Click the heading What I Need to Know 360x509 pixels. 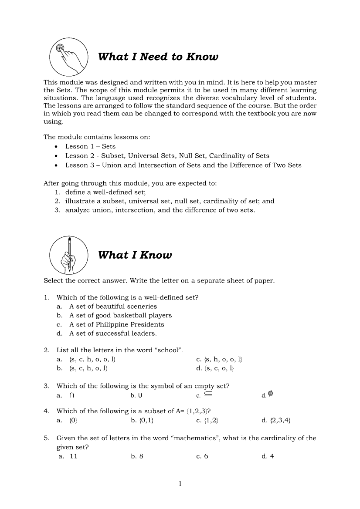pyautogui.click(x=158, y=57)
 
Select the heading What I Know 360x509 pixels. pyautogui.click(x=135, y=255)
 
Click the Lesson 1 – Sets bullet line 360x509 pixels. pyautogui.click(x=90, y=146)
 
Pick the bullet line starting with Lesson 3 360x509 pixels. pyautogui.click(x=183, y=165)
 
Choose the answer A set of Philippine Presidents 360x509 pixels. pyautogui.click(x=116, y=324)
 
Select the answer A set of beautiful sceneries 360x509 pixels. pyautogui.click(x=113, y=306)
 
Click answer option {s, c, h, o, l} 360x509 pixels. pyautogui.click(x=88, y=368)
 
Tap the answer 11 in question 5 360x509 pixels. pyautogui.click(x=73, y=456)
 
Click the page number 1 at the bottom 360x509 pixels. pyautogui.click(x=180, y=483)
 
